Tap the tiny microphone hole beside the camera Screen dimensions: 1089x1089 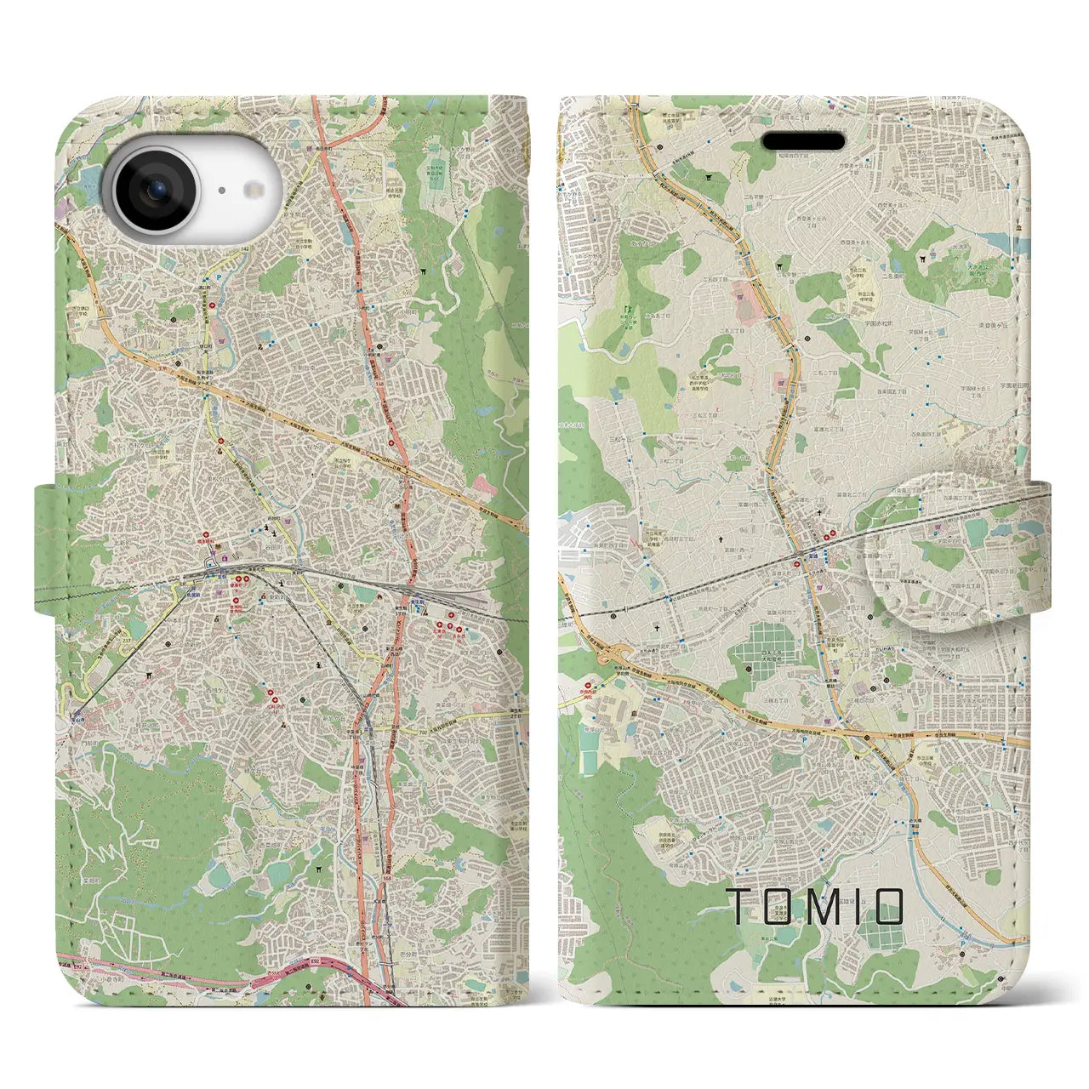coord(220,191)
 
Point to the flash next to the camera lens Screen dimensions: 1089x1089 coord(253,191)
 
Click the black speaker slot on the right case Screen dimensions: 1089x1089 coord(802,141)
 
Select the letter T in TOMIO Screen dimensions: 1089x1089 coord(740,907)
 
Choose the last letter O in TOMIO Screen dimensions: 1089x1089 coord(887,907)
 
